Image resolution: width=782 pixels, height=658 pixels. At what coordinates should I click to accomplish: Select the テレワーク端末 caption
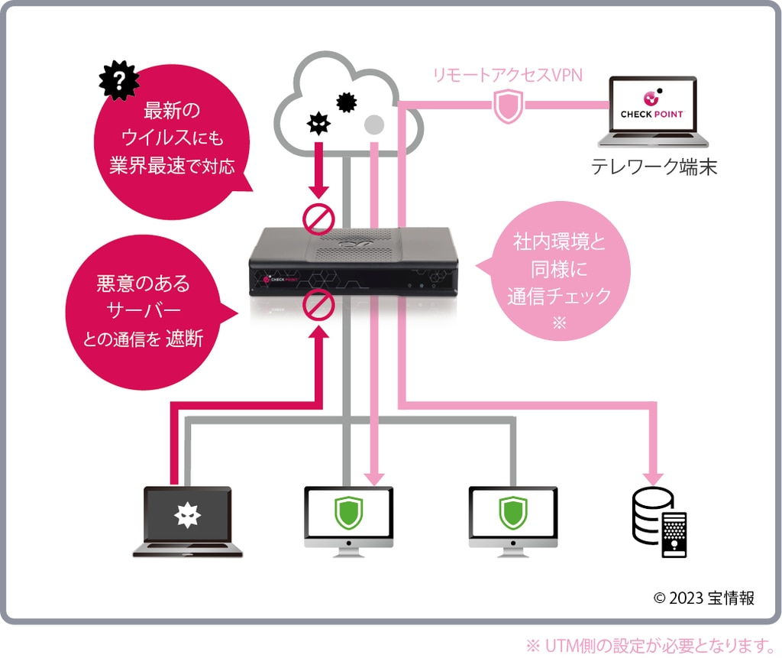(x=654, y=167)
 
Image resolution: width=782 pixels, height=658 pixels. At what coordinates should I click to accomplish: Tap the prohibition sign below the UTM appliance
(x=318, y=307)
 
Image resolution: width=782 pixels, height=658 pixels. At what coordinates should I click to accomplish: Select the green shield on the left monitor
(x=347, y=513)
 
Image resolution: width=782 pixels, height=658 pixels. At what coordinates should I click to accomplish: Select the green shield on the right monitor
(x=512, y=513)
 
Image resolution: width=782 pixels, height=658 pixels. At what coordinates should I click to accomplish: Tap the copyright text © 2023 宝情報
(x=703, y=598)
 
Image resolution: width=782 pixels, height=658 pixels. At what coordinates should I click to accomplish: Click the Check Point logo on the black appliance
(x=284, y=280)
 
